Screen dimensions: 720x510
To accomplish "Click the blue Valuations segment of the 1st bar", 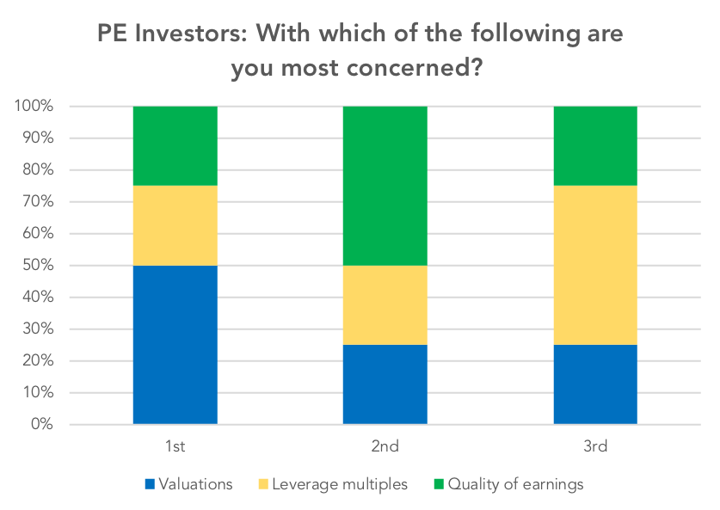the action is pos(175,345).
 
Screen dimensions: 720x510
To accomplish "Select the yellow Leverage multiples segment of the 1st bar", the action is pos(175,225).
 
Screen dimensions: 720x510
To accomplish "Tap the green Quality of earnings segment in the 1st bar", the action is pos(175,146).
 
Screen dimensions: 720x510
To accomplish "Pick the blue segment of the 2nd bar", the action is pos(385,384).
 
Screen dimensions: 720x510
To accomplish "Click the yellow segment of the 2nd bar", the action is pos(385,304).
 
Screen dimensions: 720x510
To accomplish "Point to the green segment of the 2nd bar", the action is pos(385,186).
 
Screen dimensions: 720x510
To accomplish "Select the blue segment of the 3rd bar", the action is pos(595,384).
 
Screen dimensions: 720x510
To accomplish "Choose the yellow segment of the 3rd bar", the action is pos(595,266).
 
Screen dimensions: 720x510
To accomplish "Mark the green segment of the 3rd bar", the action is pos(595,146).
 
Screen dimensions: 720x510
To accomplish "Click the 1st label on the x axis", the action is pos(175,446).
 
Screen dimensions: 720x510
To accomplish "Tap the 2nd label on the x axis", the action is pos(385,446).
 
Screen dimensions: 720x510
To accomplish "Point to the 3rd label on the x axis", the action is pos(595,446).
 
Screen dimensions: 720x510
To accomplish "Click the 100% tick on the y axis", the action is pos(34,106).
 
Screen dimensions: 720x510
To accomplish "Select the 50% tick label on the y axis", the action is pos(38,266).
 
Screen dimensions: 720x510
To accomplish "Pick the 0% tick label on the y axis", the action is pos(42,424).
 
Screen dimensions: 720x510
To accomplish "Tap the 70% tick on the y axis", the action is pos(38,201).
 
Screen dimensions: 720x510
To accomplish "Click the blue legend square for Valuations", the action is pos(150,484).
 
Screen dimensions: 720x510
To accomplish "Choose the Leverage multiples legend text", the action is pos(340,484).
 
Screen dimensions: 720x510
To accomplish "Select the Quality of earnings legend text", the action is pos(515,485).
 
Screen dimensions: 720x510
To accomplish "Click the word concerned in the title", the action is pos(415,68).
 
